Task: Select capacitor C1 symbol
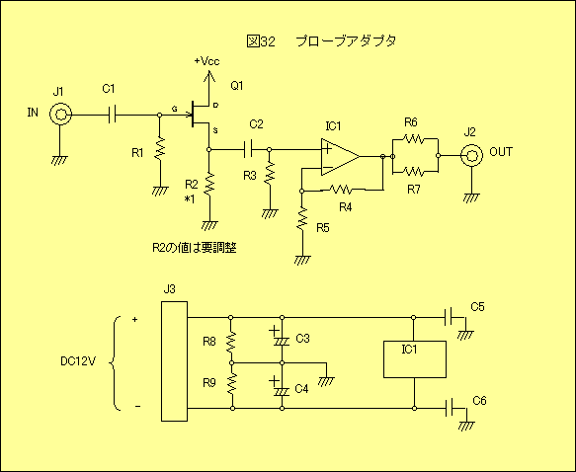pyautogui.click(x=112, y=115)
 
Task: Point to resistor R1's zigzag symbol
pyautogui.click(x=159, y=148)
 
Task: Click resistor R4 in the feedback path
pyautogui.click(x=341, y=190)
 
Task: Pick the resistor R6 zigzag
pyautogui.click(x=413, y=139)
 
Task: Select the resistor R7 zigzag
pyautogui.click(x=413, y=171)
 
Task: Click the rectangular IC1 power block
pyautogui.click(x=415, y=359)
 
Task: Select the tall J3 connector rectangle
pyautogui.click(x=175, y=361)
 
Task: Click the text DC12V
pyautogui.click(x=78, y=361)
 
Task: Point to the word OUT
pyautogui.click(x=501, y=152)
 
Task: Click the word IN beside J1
pyautogui.click(x=33, y=113)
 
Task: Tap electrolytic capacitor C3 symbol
pyautogui.click(x=282, y=338)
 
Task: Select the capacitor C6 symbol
pyautogui.click(x=449, y=408)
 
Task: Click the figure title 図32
pyautogui.click(x=261, y=41)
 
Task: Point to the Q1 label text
pyautogui.click(x=237, y=86)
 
